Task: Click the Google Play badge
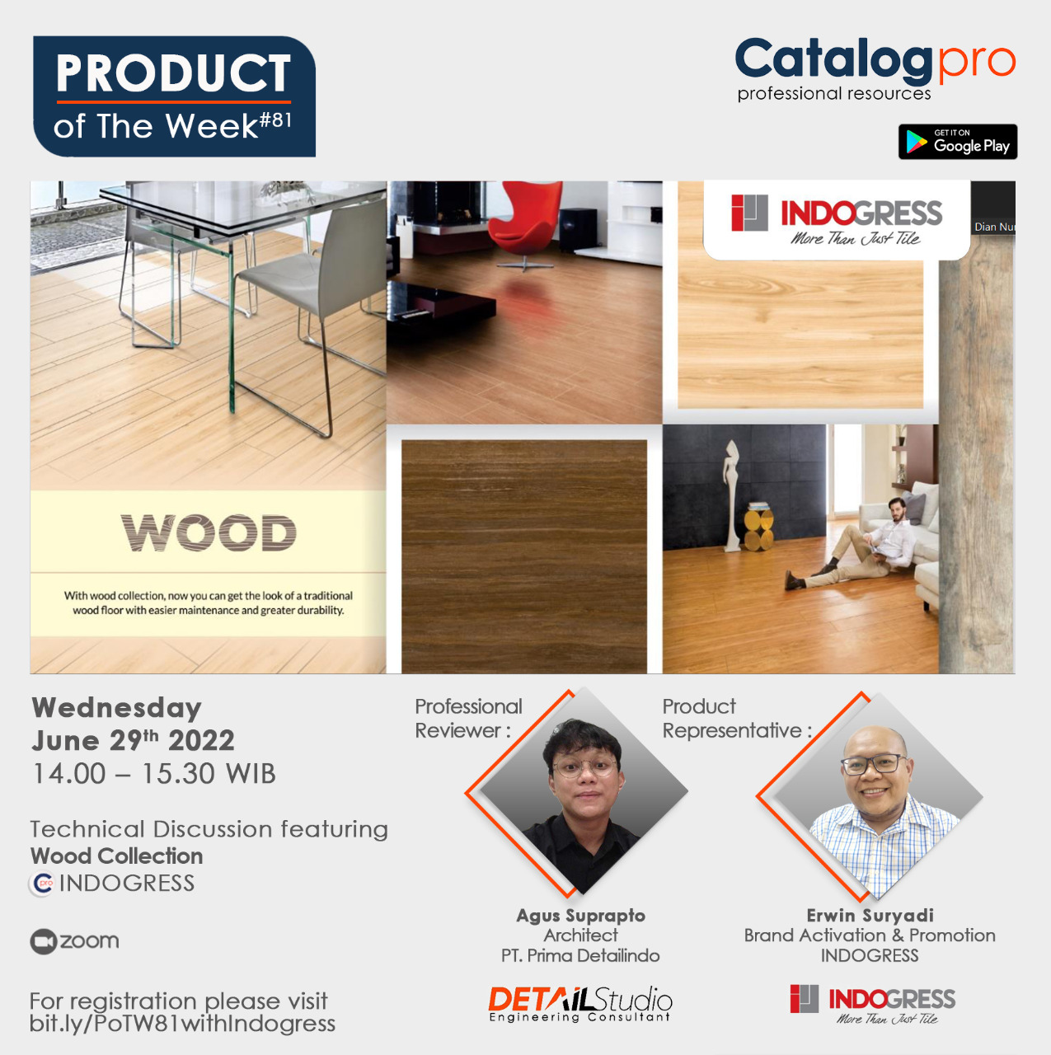click(957, 142)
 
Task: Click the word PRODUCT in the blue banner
click(173, 74)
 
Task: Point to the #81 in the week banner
click(276, 120)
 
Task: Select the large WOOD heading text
click(209, 533)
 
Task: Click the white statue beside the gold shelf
click(730, 495)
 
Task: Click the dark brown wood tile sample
click(523, 556)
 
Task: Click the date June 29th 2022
click(133, 740)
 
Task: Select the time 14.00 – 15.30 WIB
click(153, 774)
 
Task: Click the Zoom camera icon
click(43, 941)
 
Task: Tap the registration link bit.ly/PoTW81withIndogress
click(182, 1024)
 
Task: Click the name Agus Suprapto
click(580, 915)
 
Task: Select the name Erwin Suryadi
click(870, 915)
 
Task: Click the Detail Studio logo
click(580, 1003)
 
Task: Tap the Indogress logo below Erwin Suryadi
click(872, 1004)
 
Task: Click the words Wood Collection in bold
click(116, 856)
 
